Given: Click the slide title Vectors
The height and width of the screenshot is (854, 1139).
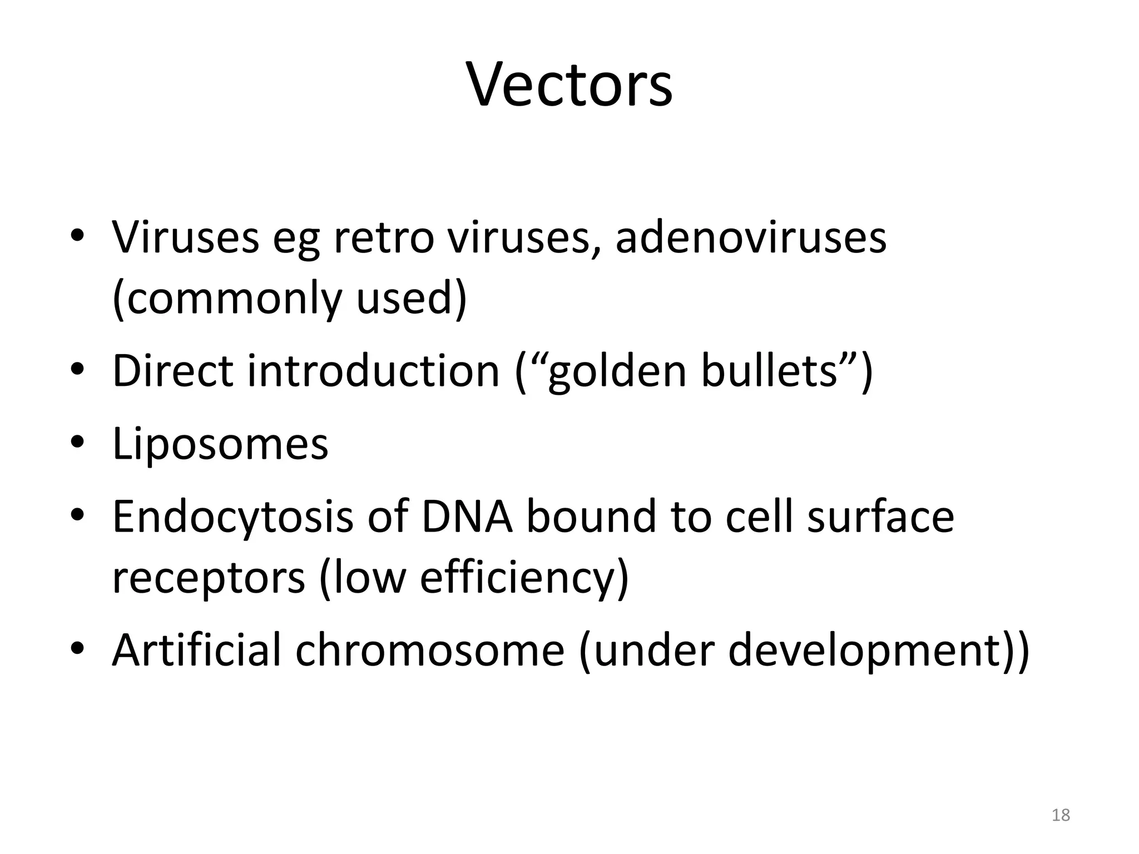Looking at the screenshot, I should click(x=569, y=85).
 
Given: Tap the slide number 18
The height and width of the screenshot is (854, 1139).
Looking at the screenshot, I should click(x=1061, y=815).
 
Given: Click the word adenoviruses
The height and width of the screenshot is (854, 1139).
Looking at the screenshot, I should click(x=751, y=238).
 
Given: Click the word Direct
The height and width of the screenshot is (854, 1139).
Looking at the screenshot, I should click(x=173, y=371).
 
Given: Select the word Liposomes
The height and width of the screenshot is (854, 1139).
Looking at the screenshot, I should click(x=220, y=445).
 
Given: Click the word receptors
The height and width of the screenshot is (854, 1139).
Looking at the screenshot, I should click(x=209, y=578).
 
